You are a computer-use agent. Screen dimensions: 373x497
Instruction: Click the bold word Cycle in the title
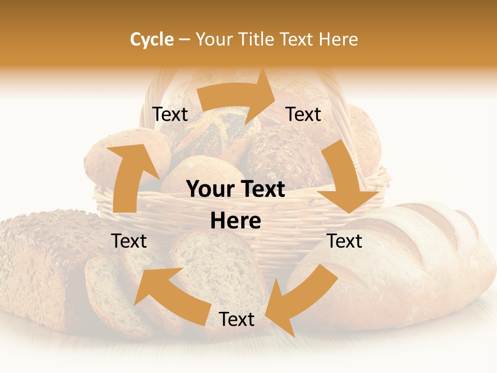click(152, 39)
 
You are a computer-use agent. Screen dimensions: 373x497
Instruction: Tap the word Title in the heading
click(257, 39)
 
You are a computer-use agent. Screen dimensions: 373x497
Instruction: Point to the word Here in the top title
click(337, 39)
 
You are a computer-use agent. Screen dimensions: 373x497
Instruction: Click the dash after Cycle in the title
click(184, 40)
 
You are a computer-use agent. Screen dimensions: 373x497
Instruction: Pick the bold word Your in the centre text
click(209, 190)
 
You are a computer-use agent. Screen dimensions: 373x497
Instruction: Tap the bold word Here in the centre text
click(236, 221)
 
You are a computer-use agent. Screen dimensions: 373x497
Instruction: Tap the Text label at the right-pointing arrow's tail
click(170, 114)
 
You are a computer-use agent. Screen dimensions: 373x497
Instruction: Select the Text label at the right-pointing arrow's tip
click(303, 114)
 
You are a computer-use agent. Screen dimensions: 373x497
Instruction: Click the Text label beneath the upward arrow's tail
click(129, 241)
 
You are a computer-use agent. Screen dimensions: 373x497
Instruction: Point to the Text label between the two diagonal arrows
click(237, 320)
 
